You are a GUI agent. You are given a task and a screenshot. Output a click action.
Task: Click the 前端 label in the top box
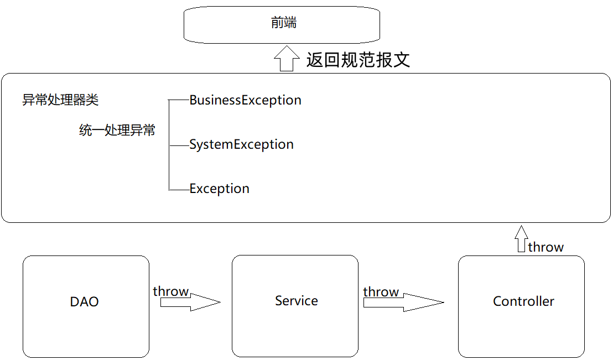284,23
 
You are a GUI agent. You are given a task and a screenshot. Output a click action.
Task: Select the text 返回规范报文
358,59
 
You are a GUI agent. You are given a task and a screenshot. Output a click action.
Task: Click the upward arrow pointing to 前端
286,58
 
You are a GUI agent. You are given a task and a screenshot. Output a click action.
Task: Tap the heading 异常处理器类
60,100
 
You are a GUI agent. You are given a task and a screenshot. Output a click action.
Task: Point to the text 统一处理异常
117,131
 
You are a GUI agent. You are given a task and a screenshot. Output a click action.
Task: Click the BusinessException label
245,100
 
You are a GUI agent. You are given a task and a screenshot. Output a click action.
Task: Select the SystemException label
241,145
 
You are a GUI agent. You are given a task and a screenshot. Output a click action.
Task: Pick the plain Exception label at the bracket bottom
219,189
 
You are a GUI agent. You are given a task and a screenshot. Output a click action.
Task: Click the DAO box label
85,302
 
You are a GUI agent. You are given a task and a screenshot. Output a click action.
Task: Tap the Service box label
297,301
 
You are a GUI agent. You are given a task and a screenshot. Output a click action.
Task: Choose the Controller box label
523,301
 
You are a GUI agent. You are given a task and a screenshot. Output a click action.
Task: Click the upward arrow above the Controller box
520,238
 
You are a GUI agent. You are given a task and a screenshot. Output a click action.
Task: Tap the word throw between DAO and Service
171,291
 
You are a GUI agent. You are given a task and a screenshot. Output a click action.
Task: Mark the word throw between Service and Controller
381,292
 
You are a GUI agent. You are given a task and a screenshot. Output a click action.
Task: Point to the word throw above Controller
546,247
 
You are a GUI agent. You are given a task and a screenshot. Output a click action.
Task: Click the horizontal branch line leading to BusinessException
179,100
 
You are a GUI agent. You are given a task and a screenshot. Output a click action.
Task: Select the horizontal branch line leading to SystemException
179,145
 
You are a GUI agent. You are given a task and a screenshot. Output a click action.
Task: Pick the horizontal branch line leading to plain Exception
179,190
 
